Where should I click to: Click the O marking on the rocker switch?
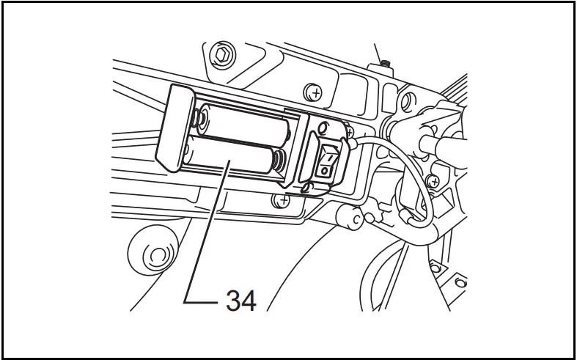coord(324,170)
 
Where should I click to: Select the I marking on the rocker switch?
coord(329,156)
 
